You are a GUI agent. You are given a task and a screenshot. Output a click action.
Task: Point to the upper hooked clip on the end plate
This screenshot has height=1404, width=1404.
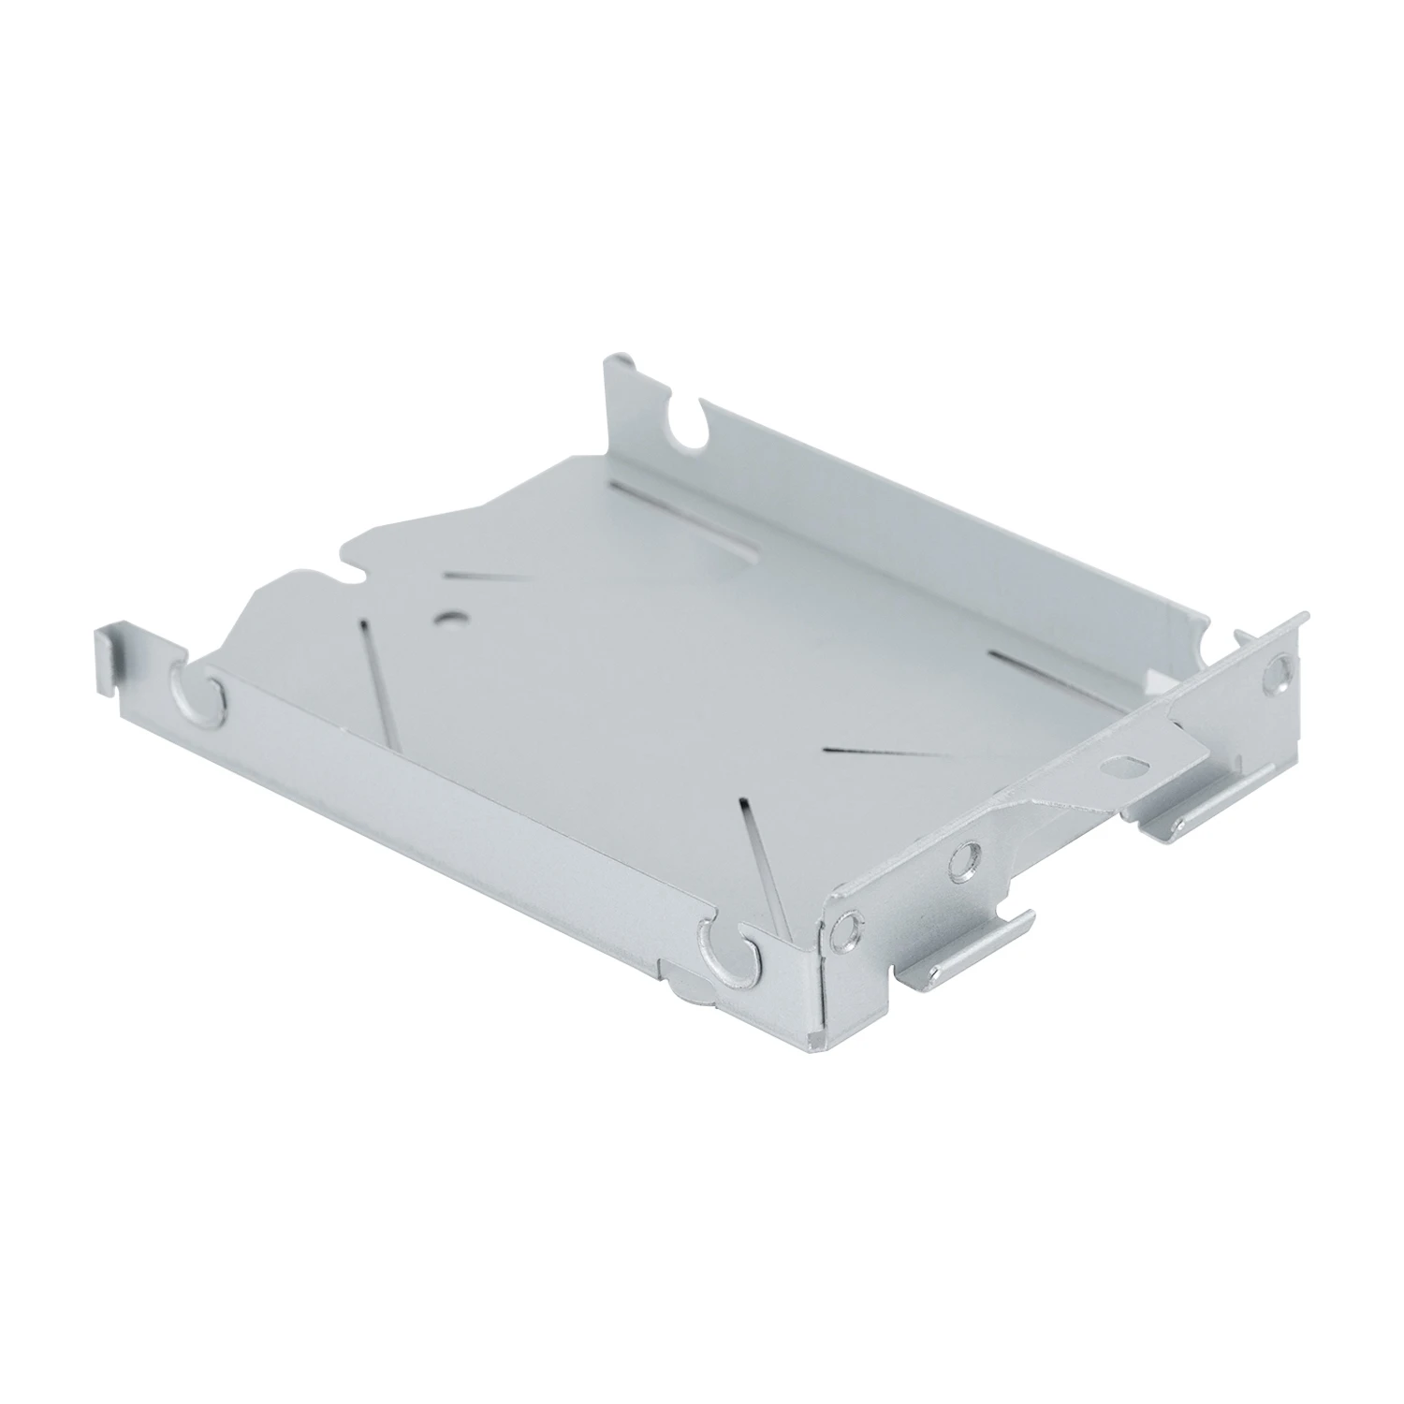[x=1207, y=791]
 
